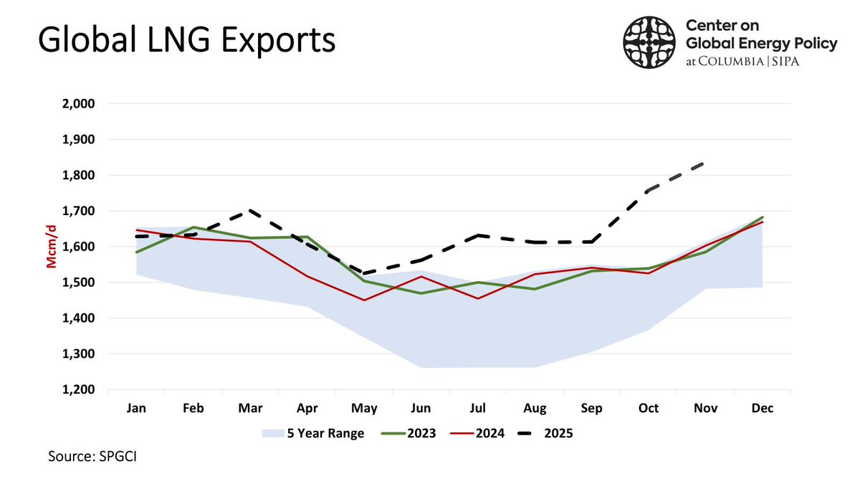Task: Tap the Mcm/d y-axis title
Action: [x=52, y=247]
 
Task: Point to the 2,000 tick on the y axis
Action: [x=80, y=104]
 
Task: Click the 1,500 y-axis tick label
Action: [x=80, y=283]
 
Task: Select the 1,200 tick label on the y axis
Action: [x=80, y=390]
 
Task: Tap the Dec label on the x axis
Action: [x=761, y=407]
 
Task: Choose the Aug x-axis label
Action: [x=534, y=407]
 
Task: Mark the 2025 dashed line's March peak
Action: [x=250, y=210]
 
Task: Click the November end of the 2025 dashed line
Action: [x=704, y=163]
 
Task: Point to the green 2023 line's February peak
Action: [x=193, y=227]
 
